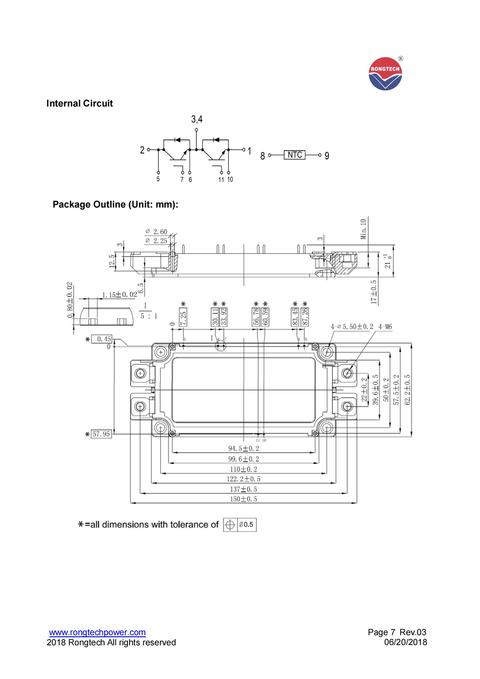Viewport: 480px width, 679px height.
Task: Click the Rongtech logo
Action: pos(385,74)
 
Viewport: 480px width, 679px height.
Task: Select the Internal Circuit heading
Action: pos(80,103)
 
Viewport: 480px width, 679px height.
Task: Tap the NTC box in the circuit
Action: pos(294,155)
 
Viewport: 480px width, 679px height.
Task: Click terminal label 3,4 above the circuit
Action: pos(197,119)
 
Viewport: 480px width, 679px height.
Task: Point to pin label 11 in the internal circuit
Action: pos(221,180)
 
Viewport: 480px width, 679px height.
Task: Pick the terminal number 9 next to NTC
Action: pos(326,156)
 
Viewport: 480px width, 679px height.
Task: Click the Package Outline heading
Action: pos(115,204)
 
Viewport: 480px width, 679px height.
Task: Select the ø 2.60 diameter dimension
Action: pos(157,232)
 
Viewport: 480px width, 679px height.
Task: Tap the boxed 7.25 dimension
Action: pos(183,318)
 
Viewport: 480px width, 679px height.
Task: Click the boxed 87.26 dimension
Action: pos(305,317)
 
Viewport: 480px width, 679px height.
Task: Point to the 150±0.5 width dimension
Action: pos(243,499)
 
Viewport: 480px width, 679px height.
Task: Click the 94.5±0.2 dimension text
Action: pos(243,449)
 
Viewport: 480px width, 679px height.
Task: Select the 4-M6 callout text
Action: pos(385,327)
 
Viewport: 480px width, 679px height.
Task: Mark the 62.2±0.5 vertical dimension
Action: pos(407,390)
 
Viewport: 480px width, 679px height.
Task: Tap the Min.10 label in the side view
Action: pos(363,229)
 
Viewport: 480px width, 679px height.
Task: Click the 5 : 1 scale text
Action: pos(149,316)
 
